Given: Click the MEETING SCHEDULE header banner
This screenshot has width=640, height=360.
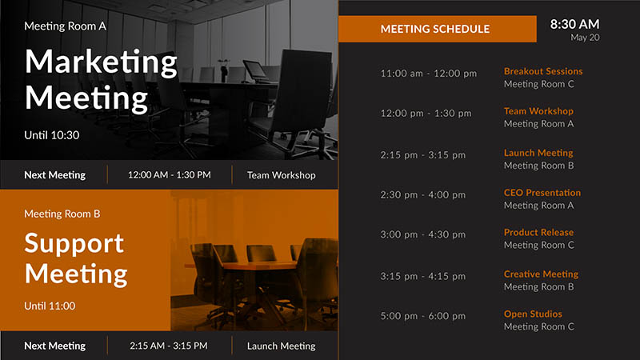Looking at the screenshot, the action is click(437, 29).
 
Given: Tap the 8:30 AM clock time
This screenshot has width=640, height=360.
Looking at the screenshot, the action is click(574, 25).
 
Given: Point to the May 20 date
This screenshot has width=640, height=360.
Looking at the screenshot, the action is click(585, 38).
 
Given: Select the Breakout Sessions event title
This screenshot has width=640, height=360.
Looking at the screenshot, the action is click(543, 71).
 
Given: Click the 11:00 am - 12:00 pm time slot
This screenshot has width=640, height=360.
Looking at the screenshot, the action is click(429, 74).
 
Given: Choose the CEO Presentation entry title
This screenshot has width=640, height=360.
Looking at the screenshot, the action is click(542, 193).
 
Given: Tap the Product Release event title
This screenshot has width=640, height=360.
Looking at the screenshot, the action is click(538, 232).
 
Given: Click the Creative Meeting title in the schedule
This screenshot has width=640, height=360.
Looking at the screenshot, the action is click(542, 274).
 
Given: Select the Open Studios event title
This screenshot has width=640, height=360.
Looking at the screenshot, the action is click(533, 314).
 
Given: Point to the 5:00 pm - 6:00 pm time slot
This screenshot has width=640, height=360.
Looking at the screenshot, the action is click(423, 316).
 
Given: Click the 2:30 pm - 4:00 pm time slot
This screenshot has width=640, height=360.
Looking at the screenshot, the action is click(423, 194).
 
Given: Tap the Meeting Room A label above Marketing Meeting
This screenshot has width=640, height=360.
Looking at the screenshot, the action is click(66, 26).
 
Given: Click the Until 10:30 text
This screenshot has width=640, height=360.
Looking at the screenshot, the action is click(52, 135).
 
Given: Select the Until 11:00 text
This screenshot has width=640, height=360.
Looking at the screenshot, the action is click(50, 306).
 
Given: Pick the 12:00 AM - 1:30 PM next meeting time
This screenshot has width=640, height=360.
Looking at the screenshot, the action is click(170, 175).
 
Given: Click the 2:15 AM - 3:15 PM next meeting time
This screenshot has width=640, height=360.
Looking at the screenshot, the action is click(169, 346).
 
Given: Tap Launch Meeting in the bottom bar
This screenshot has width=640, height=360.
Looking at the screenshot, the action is click(282, 346).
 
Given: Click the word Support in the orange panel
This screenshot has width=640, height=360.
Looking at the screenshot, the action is click(74, 244).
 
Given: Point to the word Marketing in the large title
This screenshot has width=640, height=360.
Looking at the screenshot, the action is click(101, 62).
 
